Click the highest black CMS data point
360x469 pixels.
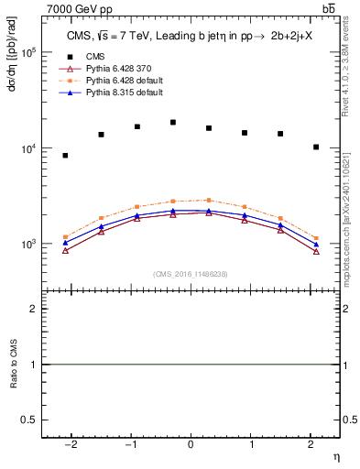pos(172,122)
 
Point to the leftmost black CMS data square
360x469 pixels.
pos(65,156)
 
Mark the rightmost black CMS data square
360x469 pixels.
pos(316,147)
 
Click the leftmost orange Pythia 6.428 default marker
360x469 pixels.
pos(65,237)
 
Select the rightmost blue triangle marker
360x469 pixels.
pos(316,244)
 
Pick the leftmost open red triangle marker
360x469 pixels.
pos(65,250)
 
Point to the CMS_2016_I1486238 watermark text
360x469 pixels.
pos(190,274)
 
